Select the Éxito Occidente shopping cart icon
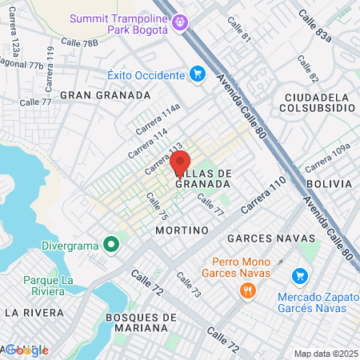[x=198, y=75]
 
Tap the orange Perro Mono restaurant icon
[x=247, y=291]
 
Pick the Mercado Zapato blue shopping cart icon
[x=300, y=275]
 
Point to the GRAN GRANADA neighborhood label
[x=110, y=95]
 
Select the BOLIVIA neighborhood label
[x=328, y=183]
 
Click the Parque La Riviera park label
[x=49, y=286]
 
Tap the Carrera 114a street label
[x=158, y=121]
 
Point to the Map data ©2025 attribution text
[x=324, y=354]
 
